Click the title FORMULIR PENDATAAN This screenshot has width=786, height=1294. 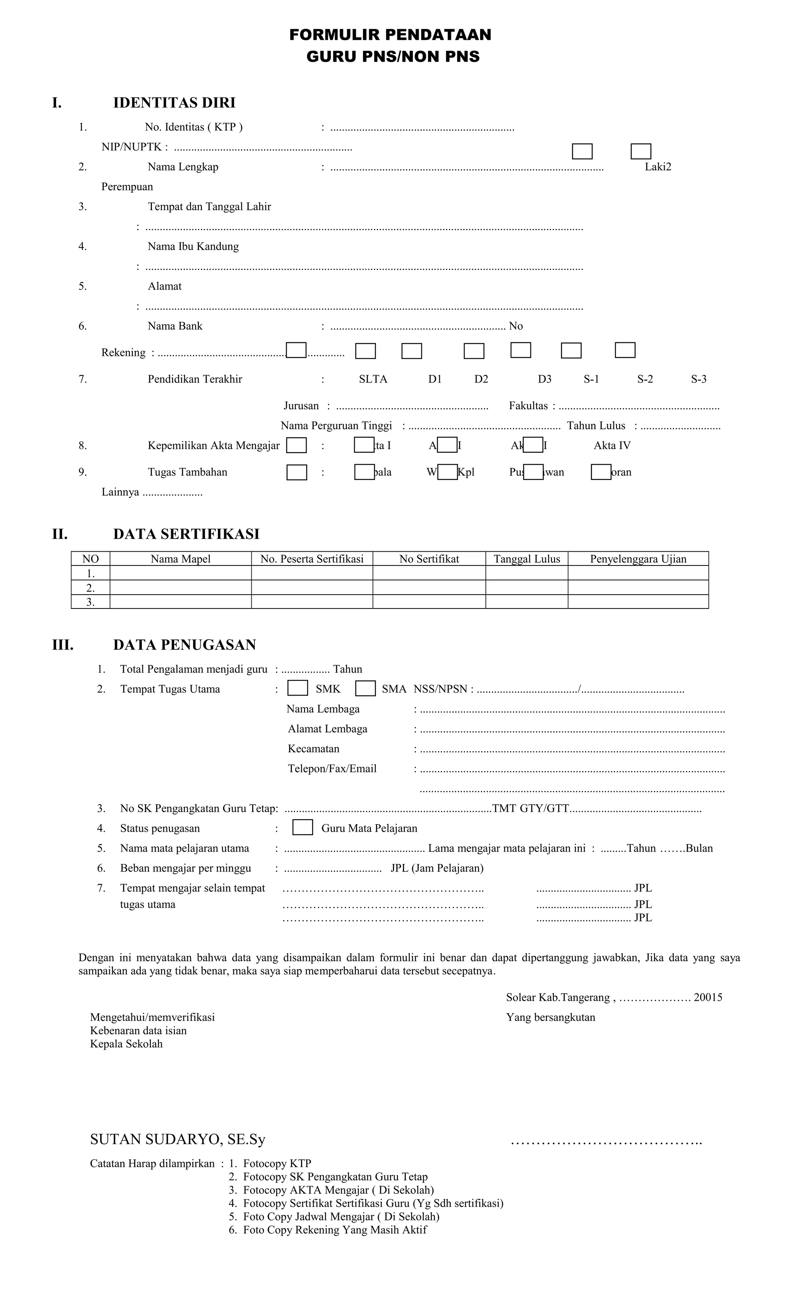click(x=390, y=35)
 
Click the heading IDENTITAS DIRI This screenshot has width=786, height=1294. click(x=174, y=102)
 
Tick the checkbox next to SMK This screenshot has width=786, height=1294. click(x=297, y=688)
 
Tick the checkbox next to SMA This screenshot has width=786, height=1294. click(x=365, y=688)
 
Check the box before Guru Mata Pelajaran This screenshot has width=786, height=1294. click(x=302, y=827)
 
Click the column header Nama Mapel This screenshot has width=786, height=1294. click(x=180, y=559)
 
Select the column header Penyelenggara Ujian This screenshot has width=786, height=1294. click(x=638, y=559)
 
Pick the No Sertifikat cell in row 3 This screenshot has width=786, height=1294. click(x=429, y=601)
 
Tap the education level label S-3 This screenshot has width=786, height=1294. click(x=698, y=379)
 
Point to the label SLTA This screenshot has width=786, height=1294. click(x=373, y=379)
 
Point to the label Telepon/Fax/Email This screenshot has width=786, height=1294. click(x=332, y=768)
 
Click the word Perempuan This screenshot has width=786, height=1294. click(x=127, y=187)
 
